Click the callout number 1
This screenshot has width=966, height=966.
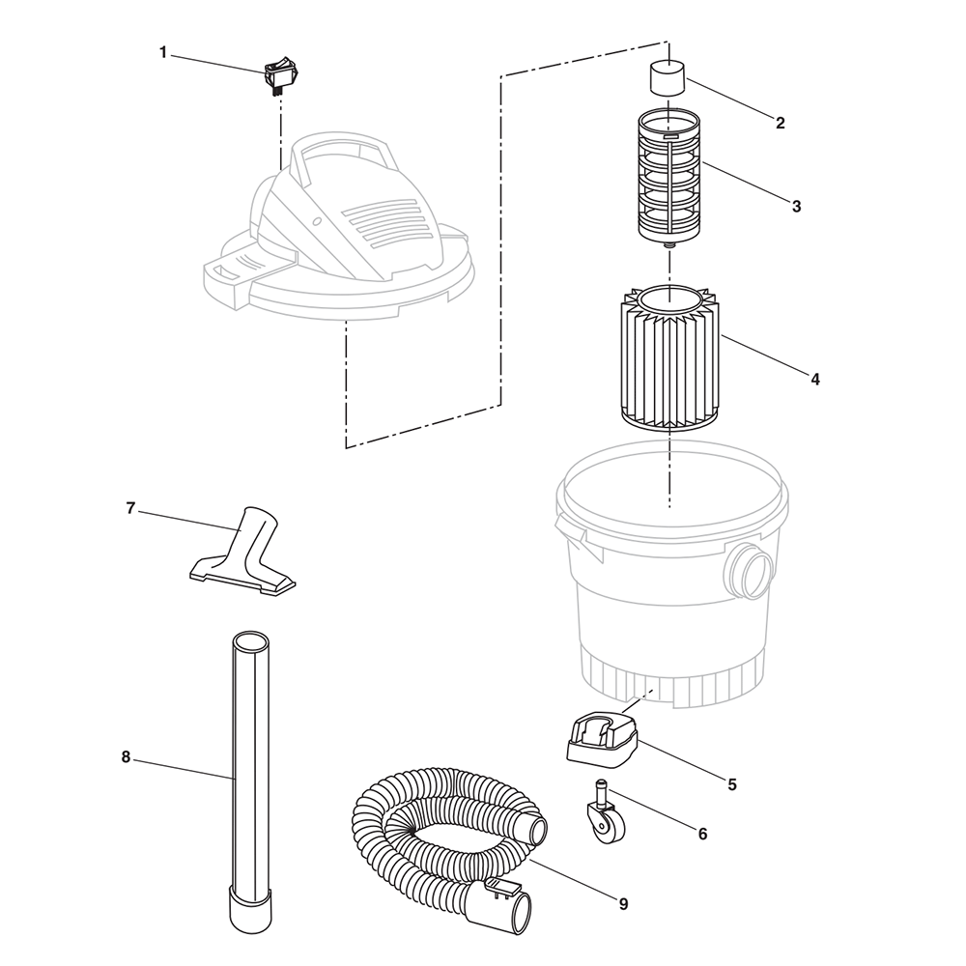[x=163, y=51]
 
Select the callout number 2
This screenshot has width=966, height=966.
[x=780, y=123]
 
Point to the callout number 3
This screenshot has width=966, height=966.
[x=796, y=206]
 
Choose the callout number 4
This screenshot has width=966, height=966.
[x=815, y=380]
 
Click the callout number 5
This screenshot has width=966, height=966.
[x=731, y=784]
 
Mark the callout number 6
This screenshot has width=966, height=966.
[x=701, y=833]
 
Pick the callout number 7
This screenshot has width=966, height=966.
[x=130, y=508]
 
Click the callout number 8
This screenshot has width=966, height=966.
[x=126, y=757]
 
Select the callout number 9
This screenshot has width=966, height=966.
[x=623, y=904]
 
